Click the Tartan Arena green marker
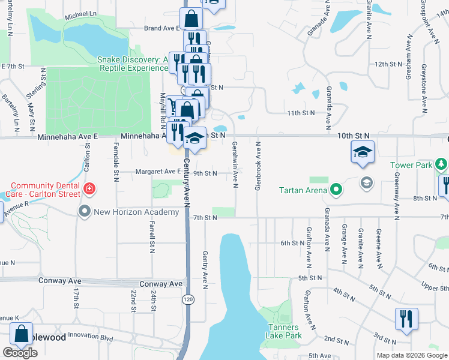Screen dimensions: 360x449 click(x=336, y=191)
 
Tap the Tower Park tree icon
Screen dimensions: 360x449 click(x=442, y=164)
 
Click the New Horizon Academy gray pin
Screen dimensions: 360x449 click(x=84, y=211)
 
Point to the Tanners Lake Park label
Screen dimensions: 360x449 click(x=285, y=331)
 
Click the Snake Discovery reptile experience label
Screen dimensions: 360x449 click(x=132, y=64)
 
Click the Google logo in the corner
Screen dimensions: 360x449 click(x=20, y=353)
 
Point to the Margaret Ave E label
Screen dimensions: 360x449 click(x=160, y=172)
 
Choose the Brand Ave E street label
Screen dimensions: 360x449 click(x=162, y=28)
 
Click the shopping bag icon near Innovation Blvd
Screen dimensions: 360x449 click(x=22, y=334)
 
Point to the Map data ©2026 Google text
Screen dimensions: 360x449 click(x=412, y=355)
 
